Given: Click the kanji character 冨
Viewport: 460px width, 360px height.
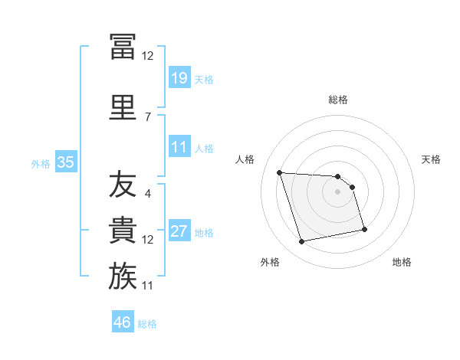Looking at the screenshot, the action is click(123, 47).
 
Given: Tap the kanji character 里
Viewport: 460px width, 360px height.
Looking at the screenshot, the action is click(123, 107).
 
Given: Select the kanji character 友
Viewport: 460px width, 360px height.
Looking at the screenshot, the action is click(123, 184).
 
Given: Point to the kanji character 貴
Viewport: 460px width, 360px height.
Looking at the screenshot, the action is click(123, 230).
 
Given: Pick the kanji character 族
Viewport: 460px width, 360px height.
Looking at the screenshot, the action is click(123, 276).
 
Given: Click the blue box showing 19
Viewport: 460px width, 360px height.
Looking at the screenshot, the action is click(179, 77).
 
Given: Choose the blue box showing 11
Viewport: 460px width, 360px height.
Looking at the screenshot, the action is click(179, 146).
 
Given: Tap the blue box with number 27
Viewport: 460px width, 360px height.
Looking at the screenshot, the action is click(179, 230).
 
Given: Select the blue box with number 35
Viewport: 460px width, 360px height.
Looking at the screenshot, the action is click(66, 162).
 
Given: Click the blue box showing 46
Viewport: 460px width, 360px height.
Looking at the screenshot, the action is click(123, 321).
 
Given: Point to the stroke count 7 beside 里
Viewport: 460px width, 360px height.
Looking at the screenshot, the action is click(148, 117).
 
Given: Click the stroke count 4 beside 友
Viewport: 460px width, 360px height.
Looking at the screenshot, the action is click(148, 194).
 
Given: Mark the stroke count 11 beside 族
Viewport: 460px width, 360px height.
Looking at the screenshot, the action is click(147, 286).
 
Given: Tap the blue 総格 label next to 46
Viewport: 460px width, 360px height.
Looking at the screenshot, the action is click(147, 324).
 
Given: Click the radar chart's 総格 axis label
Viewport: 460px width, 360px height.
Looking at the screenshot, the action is click(338, 100).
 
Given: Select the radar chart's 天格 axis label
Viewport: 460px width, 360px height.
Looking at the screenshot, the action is click(431, 159).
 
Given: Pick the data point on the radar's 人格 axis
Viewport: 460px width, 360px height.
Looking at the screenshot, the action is click(280, 172).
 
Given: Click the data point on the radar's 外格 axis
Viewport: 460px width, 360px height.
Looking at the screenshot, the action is click(301, 242).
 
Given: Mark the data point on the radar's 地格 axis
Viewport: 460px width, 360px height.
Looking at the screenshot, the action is click(364, 230).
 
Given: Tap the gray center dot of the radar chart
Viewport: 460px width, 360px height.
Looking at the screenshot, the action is click(337, 191).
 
